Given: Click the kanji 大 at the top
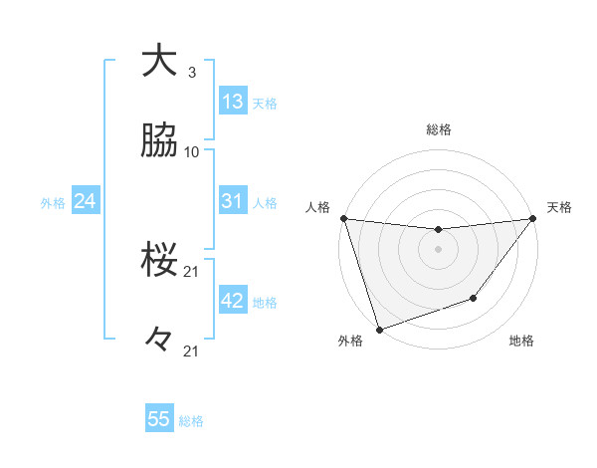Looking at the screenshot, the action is pyautogui.click(x=159, y=61).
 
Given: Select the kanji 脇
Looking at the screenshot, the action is pyautogui.click(x=159, y=142).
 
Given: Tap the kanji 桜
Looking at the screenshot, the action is pyautogui.click(x=159, y=261).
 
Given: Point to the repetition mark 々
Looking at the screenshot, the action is pyautogui.click(x=159, y=341).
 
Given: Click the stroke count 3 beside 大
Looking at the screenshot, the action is pyautogui.click(x=192, y=73).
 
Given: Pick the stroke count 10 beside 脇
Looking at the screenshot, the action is pyautogui.click(x=192, y=152).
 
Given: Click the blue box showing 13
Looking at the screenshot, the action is pyautogui.click(x=233, y=102).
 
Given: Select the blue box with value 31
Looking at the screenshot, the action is pyautogui.click(x=233, y=201).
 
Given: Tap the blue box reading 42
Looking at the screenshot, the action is pyautogui.click(x=233, y=301).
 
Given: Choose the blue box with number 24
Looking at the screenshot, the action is pyautogui.click(x=85, y=201).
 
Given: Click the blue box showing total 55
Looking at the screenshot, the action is pyautogui.click(x=159, y=419).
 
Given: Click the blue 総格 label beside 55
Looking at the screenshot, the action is pyautogui.click(x=191, y=421).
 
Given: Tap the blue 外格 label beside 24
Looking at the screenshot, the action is pyautogui.click(x=53, y=203).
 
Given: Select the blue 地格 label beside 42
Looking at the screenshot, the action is pyautogui.click(x=265, y=303).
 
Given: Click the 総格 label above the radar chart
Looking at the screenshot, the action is pyautogui.click(x=439, y=129).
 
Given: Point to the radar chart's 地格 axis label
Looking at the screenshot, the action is pyautogui.click(x=521, y=341).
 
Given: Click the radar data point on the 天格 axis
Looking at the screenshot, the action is pyautogui.click(x=532, y=219).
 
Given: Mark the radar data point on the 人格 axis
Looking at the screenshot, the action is pyautogui.click(x=343, y=218).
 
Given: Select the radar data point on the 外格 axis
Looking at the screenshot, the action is pyautogui.click(x=379, y=329).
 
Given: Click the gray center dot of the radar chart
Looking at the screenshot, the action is pyautogui.click(x=438, y=249).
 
